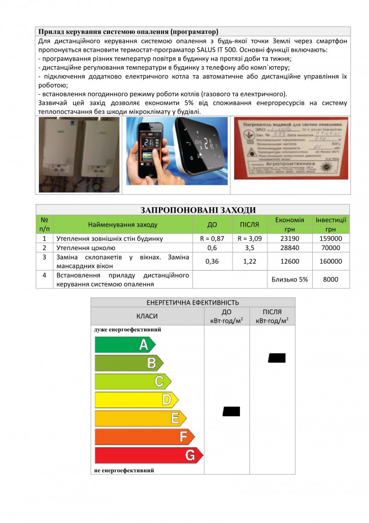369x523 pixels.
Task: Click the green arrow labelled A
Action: [x=124, y=344]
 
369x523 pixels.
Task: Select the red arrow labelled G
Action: [x=148, y=455]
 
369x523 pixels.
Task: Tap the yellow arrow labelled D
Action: [x=136, y=399]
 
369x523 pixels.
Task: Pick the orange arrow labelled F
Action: [x=144, y=437]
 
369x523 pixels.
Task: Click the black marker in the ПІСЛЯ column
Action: [x=277, y=358]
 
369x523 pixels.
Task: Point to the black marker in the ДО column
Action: [x=232, y=411]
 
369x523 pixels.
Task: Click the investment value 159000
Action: [x=331, y=239]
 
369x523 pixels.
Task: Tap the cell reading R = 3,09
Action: [x=249, y=239]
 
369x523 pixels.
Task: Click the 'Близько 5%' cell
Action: [x=289, y=279]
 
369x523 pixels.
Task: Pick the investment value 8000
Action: [x=331, y=279]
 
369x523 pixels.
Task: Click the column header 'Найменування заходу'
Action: [x=123, y=225]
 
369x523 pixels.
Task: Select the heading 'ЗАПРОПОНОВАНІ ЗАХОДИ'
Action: [x=192, y=210]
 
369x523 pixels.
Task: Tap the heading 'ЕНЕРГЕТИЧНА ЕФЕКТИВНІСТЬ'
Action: [x=193, y=302]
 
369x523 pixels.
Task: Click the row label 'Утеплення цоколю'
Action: [x=86, y=248]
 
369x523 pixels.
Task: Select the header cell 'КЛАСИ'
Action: [x=147, y=316]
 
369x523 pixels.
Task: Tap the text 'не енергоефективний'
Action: [x=124, y=470]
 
